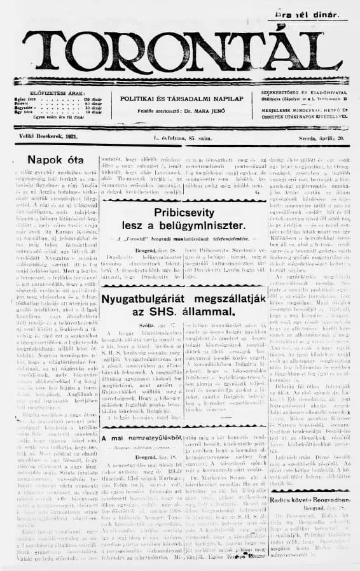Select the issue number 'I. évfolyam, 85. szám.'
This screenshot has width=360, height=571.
[182, 137]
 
